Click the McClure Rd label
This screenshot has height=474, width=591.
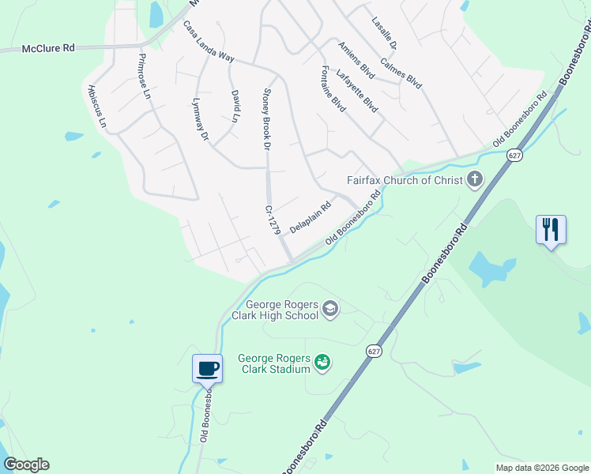47,48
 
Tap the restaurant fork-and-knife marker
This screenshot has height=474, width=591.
551,229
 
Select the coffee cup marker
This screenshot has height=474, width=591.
208,368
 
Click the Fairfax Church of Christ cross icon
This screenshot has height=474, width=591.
474,180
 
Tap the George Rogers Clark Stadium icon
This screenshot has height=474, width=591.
322,363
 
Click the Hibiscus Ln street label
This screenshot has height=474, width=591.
97,107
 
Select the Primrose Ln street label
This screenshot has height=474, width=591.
144,75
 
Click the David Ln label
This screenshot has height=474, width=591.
235,106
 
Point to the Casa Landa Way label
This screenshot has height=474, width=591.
209,42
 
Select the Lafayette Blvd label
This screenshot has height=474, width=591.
356,90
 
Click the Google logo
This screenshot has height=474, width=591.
26,465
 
